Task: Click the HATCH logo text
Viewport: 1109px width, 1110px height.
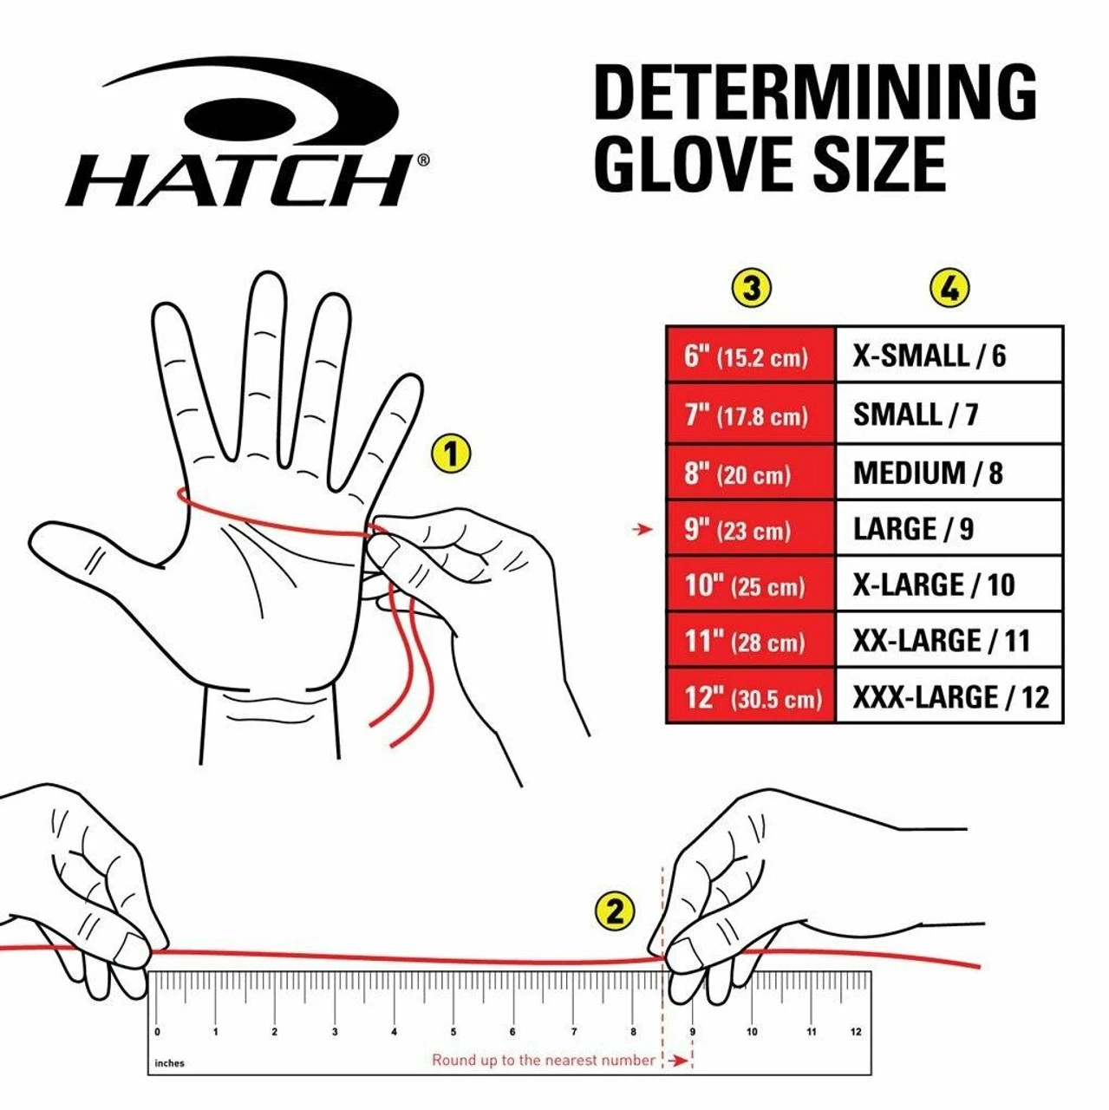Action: coord(238,180)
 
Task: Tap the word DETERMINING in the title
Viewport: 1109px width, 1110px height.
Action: coord(814,93)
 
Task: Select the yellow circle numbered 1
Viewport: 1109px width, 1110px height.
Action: coord(450,454)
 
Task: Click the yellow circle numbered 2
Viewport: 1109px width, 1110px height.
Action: coord(615,911)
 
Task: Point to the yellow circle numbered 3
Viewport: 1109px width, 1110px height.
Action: coord(751,288)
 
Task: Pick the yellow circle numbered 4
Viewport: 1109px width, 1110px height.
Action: coord(949,288)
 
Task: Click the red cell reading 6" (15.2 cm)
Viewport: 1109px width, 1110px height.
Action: coord(750,356)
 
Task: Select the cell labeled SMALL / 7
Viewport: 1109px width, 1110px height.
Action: coord(949,415)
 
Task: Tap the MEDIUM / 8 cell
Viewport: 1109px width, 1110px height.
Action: coord(949,473)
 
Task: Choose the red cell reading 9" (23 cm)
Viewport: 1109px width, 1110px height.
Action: coord(750,529)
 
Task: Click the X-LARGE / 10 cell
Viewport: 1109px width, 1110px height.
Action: coord(949,584)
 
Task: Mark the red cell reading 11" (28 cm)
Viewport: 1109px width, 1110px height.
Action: coord(750,641)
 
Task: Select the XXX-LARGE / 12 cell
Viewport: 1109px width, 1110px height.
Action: coord(949,697)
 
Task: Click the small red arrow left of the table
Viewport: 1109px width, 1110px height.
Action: coord(643,529)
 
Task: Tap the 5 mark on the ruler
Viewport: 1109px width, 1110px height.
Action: coord(453,1032)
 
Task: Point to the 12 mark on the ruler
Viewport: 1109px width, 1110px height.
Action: coord(856,1032)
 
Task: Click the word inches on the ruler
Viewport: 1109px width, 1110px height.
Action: coord(170,1063)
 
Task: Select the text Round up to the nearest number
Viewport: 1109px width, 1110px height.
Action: coord(544,1060)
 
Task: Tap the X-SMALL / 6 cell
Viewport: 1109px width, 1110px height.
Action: coord(949,356)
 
